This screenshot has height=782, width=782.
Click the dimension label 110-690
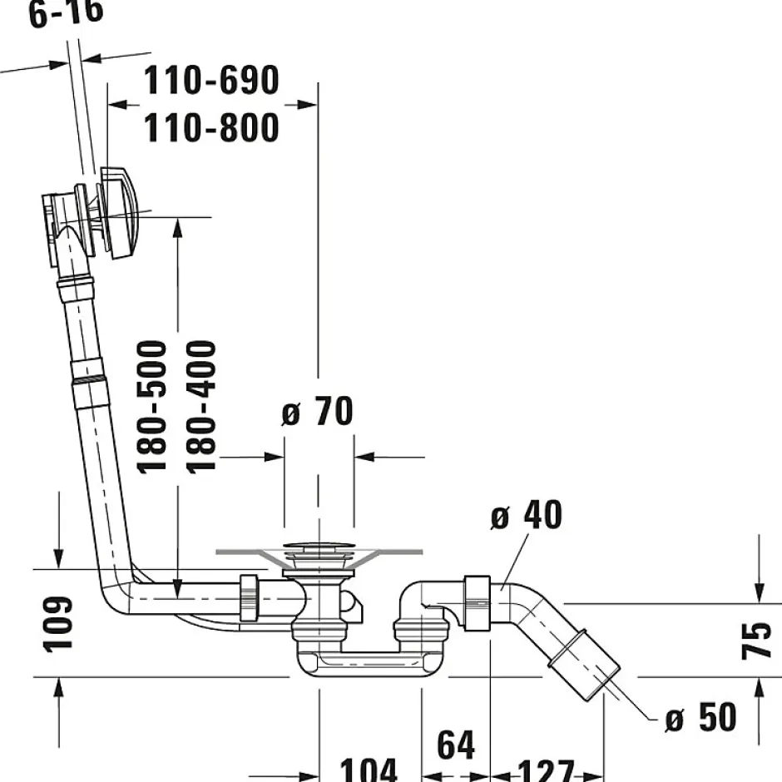pos(211,82)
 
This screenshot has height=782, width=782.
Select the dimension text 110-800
pos(211,128)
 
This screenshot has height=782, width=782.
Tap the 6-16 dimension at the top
pos(67,14)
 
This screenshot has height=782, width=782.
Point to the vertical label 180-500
pos(152,406)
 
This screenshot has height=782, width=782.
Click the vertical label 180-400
pos(200,406)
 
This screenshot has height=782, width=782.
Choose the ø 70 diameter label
pos(317,412)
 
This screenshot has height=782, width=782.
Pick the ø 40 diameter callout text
pos(526,516)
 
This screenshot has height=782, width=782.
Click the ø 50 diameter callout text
pos(700,717)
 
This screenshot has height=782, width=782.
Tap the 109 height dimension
pos(59,624)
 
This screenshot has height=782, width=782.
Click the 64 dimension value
pos(456,745)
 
